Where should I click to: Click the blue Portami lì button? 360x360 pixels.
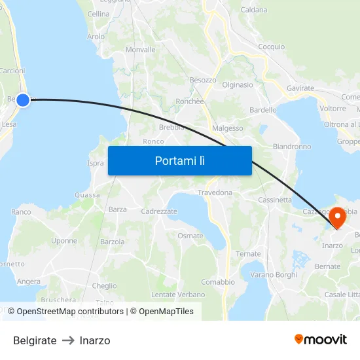coord(179,160)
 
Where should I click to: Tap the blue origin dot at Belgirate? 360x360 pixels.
coord(23,99)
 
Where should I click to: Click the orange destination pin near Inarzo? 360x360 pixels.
coord(338,217)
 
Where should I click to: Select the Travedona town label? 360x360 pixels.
coord(215,192)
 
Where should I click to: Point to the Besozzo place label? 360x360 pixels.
coord(203,80)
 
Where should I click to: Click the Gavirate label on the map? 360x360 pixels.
coord(300,88)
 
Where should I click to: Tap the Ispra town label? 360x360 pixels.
coord(96,163)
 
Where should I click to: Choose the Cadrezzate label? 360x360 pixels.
coord(159,211)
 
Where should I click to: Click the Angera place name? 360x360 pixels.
coord(29,281)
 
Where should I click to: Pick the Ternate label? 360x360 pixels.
coord(248,254)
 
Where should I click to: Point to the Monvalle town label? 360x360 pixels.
coord(140,50)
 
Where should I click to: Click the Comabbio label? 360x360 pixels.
coord(218,282)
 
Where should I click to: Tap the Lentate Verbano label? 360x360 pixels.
coord(178,295)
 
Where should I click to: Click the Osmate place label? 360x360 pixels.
coord(190,236)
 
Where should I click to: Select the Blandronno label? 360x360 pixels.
coord(292,147)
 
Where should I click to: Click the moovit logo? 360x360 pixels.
coord(321,340)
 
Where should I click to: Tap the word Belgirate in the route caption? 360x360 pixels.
coord(35,340)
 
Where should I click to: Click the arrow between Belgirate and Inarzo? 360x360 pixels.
coord(68,340)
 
